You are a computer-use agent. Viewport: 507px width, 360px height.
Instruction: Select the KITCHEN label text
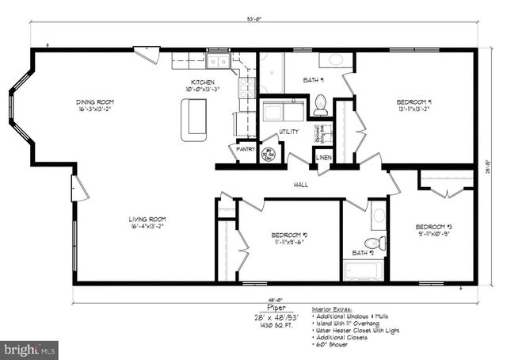pyautogui.click(x=203, y=82)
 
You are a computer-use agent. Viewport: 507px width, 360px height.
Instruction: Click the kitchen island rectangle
pyautogui.click(x=193, y=121)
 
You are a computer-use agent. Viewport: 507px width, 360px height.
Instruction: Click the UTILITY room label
pyautogui.click(x=288, y=132)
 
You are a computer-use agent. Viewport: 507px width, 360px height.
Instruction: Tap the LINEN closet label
pyautogui.click(x=323, y=158)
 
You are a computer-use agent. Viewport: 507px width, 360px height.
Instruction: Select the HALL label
pyautogui.click(x=301, y=185)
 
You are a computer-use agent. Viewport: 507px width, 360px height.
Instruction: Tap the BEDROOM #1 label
pyautogui.click(x=413, y=102)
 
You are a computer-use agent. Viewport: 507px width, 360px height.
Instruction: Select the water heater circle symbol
pyautogui.click(x=268, y=155)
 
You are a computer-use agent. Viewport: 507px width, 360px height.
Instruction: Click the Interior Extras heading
pyautogui.click(x=332, y=308)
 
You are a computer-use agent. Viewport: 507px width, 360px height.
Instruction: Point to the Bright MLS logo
pyautogui.click(x=30, y=347)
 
